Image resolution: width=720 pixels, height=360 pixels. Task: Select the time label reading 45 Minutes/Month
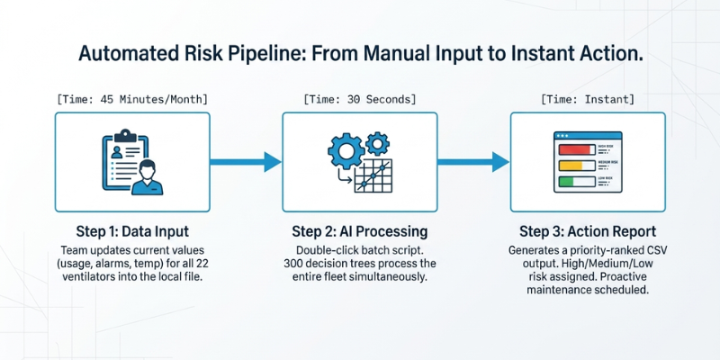click(x=131, y=97)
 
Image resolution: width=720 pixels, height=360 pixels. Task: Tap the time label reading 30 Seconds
click(x=359, y=97)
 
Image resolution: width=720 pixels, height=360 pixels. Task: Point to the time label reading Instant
click(x=588, y=97)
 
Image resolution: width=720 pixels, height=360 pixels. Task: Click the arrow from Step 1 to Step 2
click(x=246, y=162)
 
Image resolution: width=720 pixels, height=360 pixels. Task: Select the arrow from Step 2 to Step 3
click(x=473, y=162)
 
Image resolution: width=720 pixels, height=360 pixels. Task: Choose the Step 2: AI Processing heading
click(x=359, y=230)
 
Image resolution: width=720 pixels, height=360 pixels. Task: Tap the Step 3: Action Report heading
click(x=587, y=230)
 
